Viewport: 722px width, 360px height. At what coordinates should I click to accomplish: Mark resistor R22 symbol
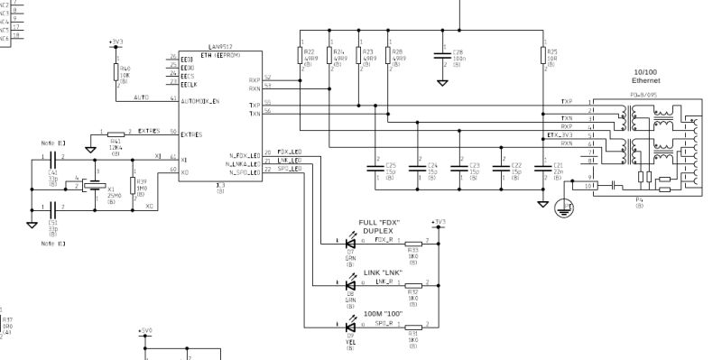(301, 55)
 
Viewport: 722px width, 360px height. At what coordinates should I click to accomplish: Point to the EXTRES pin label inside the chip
(191, 134)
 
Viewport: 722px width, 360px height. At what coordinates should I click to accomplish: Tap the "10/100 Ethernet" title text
(645, 75)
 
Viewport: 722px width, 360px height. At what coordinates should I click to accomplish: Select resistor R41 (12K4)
(116, 134)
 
